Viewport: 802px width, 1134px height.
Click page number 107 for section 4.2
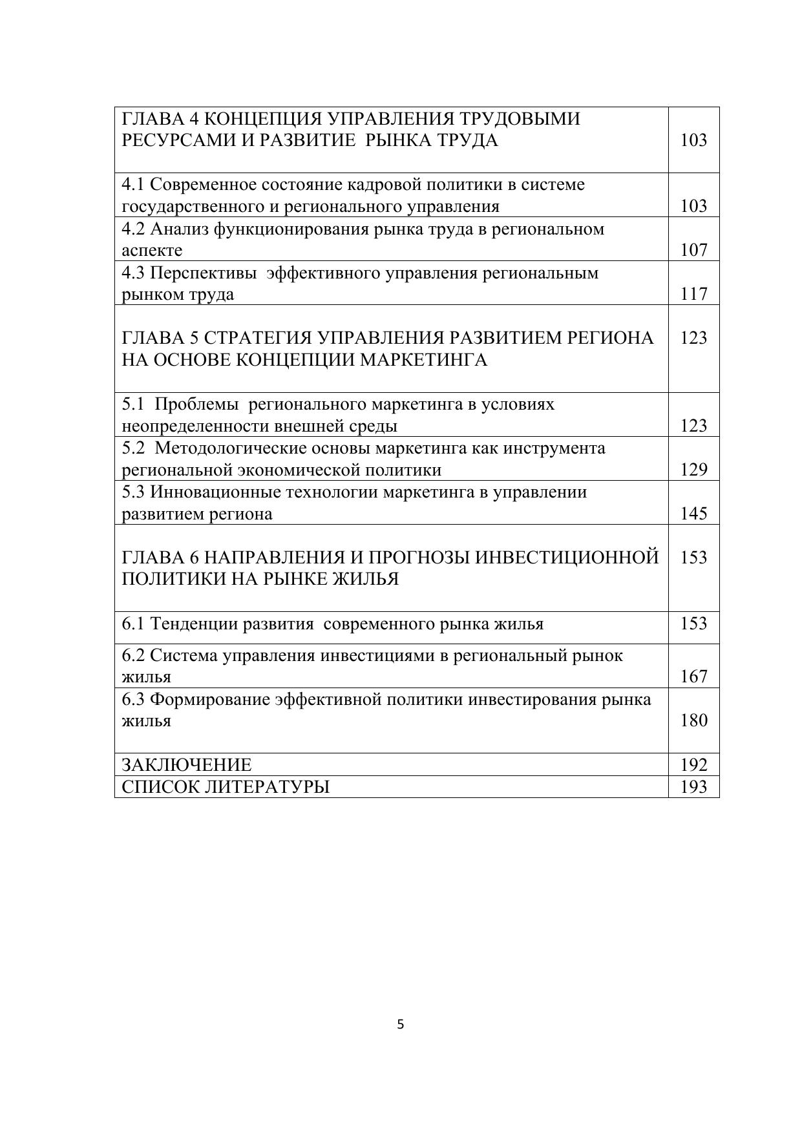pos(693,250)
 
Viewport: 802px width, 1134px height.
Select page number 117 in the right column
pos(693,294)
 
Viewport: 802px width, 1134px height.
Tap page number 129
pos(693,470)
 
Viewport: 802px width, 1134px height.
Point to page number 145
pos(693,514)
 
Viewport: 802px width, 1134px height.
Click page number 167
pos(693,677)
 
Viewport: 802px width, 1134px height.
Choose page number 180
pos(693,720)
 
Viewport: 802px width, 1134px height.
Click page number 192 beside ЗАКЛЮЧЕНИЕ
pos(693,765)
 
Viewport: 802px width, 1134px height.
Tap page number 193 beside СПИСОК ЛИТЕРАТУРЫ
pos(693,787)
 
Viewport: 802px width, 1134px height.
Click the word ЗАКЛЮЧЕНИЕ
pos(187,765)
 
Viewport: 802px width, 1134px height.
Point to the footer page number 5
pos(401,1024)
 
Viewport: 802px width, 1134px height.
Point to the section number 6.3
pos(133,700)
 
